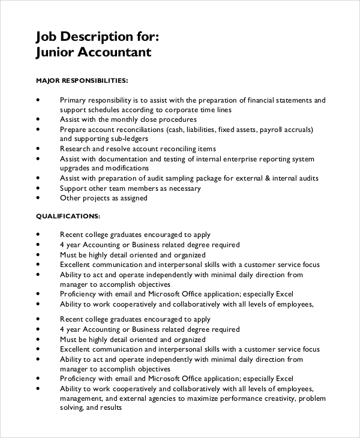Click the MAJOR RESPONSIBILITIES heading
pos(82,80)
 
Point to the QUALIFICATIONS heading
pos(68,215)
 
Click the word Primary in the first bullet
pos(73,100)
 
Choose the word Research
pos(76,149)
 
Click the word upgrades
pos(76,169)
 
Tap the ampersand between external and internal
pos(265,178)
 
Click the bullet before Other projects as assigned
pos(38,197)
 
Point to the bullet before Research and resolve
pos(38,148)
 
